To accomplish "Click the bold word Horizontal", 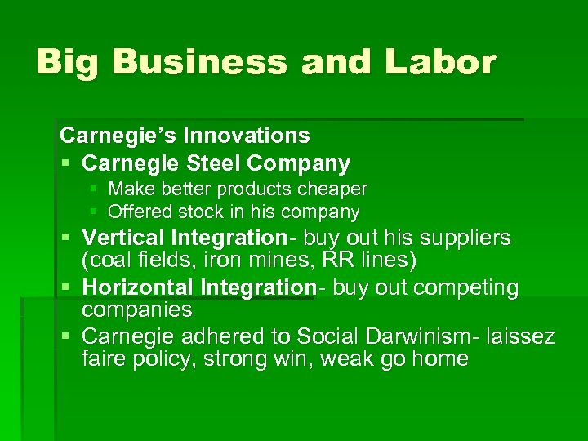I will tap(136, 287).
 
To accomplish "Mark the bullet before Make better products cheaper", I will tap(94, 189).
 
